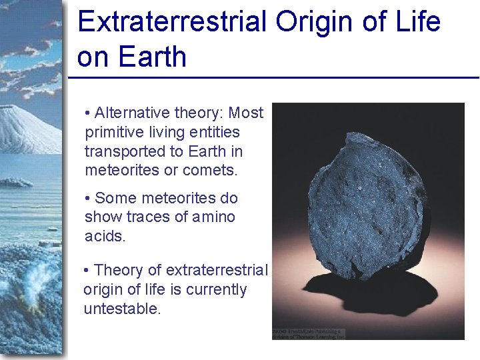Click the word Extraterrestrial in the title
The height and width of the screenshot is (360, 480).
(173, 21)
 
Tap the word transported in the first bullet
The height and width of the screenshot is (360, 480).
(123, 151)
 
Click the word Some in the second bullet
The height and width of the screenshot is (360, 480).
(114, 198)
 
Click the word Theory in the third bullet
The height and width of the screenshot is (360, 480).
(117, 270)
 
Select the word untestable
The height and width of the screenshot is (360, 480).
(122, 309)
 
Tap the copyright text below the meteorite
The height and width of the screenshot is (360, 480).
(309, 333)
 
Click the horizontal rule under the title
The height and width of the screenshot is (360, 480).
(273, 78)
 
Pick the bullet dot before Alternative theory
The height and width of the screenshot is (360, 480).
(89, 113)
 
